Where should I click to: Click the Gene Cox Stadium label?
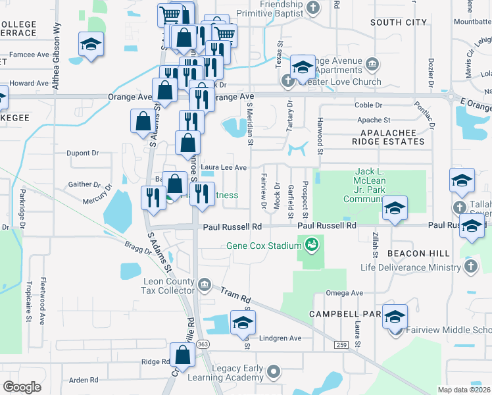pyautogui.click(x=264, y=246)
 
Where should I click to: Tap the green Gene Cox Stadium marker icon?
pyautogui.click(x=312, y=245)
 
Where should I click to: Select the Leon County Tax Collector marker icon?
pyautogui.click(x=205, y=284)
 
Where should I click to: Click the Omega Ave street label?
pyautogui.click(x=344, y=293)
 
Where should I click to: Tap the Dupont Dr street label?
pyautogui.click(x=82, y=153)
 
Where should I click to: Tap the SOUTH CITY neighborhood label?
pyautogui.click(x=399, y=22)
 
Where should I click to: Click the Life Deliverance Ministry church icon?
pyautogui.click(x=470, y=267)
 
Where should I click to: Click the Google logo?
pyautogui.click(x=22, y=387)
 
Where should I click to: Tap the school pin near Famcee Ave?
pyautogui.click(x=91, y=44)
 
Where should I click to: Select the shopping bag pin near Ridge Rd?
pyautogui.click(x=182, y=355)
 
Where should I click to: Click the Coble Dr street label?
pyautogui.click(x=368, y=105)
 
